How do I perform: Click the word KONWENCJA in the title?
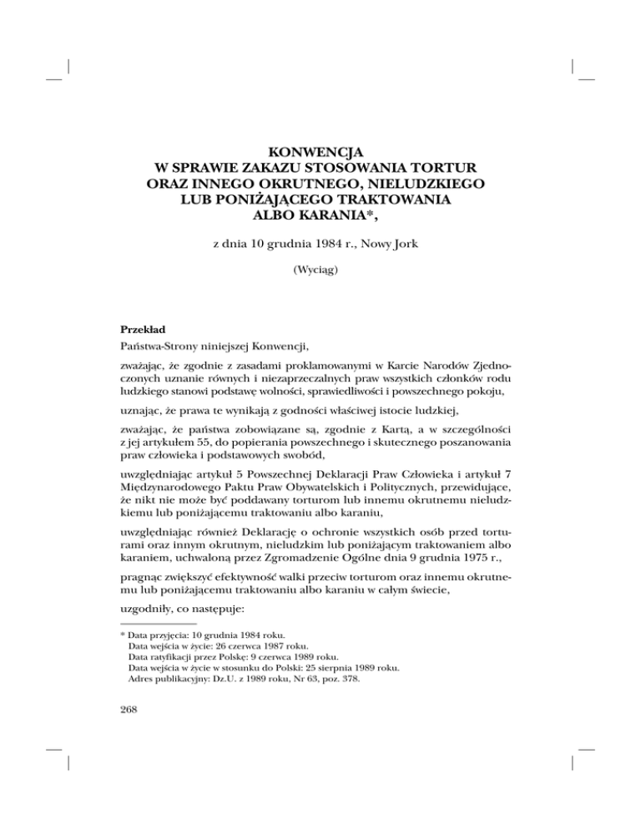(320, 152)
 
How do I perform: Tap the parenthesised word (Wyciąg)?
(320, 271)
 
